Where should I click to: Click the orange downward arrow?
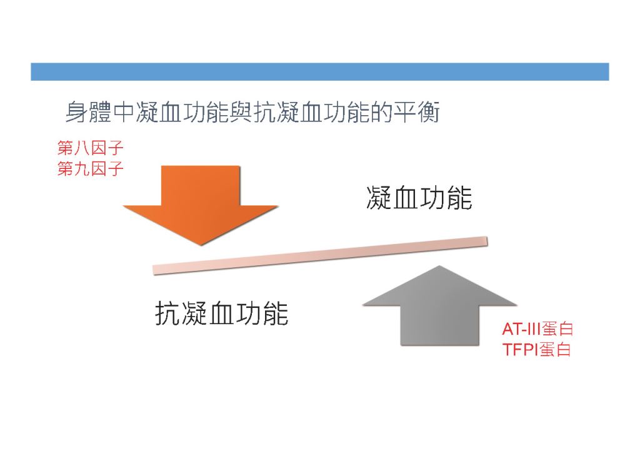pos(201,204)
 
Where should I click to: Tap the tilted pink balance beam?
pos(321,255)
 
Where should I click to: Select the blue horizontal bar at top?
pos(320,71)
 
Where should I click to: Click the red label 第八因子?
pos(90,148)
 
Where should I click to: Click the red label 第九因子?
pos(90,169)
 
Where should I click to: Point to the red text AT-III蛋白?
pos(537,329)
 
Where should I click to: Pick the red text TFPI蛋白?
pos(536,350)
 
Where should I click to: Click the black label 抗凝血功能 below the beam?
pos(222,313)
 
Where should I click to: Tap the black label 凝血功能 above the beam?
pos(419,198)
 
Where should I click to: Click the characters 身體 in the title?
pos(89,113)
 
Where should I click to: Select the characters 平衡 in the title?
pos(416,113)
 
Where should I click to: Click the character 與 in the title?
pos(241,113)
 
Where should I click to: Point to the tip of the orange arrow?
pos(201,245)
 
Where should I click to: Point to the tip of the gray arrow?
pos(439,266)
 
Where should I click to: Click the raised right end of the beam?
pos(487,241)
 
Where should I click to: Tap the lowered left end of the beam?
pos(154,270)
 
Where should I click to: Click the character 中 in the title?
pos(124,113)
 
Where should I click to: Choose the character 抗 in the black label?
pos(167,313)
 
